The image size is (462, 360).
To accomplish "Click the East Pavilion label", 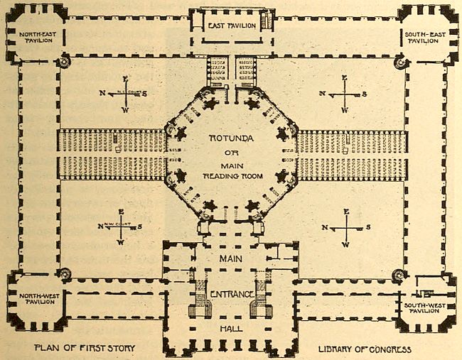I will pyautogui.click(x=230, y=26).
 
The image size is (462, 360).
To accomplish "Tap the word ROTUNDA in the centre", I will pyautogui.click(x=230, y=135).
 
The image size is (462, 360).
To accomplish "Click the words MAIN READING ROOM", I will pyautogui.click(x=230, y=170).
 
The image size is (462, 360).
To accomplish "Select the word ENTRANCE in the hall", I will pyautogui.click(x=230, y=294).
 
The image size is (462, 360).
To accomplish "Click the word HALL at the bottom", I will pyautogui.click(x=230, y=329).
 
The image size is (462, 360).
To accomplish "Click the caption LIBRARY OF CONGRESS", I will pyautogui.click(x=365, y=349).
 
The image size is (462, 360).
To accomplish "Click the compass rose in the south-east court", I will pyautogui.click(x=345, y=94).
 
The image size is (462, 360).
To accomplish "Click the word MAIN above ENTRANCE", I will pyautogui.click(x=230, y=260).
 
